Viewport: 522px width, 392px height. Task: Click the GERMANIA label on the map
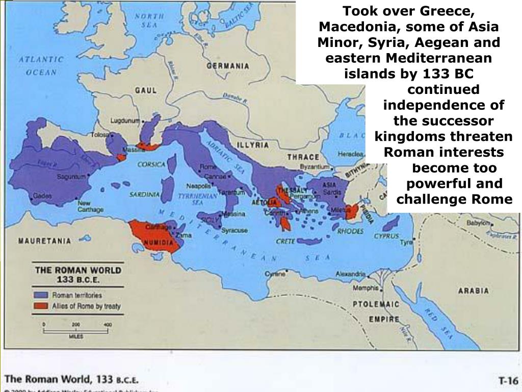228,66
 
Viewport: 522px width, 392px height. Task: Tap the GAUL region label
145,90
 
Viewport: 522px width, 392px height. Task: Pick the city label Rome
205,167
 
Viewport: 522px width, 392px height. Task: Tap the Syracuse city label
235,231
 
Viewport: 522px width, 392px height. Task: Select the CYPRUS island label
386,236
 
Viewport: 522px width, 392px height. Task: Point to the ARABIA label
473,291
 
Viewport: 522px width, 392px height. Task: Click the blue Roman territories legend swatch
41,295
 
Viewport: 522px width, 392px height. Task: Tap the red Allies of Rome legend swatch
41,306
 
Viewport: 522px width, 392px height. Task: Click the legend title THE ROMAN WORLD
78,269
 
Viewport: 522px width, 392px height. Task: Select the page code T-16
508,380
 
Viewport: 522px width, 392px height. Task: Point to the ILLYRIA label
255,145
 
